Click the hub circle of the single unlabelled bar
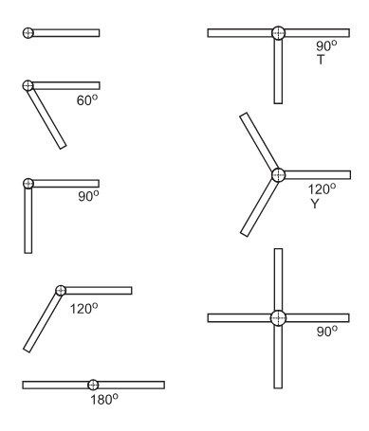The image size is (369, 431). pos(28,33)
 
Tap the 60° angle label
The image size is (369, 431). pos(87,100)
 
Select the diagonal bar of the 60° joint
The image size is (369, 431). pos(46,118)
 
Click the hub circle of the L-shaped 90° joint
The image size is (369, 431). pos(28,183)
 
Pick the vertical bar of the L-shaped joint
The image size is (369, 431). pos(28,221)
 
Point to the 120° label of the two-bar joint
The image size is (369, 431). pos(83,308)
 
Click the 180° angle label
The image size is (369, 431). pos(104,400)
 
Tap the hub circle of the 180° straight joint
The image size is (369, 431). pos(93,385)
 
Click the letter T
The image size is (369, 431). pos(321,60)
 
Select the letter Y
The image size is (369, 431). pos(315,204)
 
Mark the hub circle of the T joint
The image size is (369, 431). pos(278,33)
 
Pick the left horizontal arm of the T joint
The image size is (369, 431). pos(240,33)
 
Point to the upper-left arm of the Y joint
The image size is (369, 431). pos(259,142)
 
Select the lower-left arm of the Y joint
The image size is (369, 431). pos(259,207)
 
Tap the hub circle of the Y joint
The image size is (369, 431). pos(278,175)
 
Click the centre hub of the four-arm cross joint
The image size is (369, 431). pos(278,318)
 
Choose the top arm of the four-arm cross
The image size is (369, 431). pos(278,279)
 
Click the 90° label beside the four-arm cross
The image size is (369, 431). pos(327,332)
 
